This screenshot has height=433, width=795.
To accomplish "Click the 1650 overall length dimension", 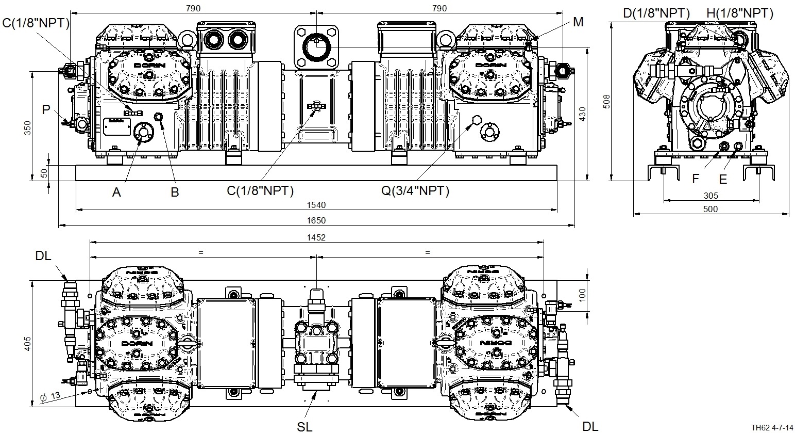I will [317, 220].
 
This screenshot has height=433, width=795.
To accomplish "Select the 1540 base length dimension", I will [317, 205].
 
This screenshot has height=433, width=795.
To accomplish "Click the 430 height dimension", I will [582, 114].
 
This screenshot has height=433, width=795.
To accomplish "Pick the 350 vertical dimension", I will [28, 127].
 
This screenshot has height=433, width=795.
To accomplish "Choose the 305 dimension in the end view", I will [710, 196].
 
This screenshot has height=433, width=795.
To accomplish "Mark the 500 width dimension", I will [710, 209].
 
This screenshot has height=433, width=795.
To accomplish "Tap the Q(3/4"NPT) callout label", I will [415, 191].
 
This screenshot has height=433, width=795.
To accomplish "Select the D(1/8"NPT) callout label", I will [656, 13].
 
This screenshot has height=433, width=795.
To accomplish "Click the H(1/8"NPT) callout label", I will [740, 13].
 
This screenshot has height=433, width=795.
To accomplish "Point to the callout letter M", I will [578, 22].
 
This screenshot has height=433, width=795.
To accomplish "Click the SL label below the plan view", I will [305, 426].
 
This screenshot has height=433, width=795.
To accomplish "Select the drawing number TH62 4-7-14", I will [771, 428].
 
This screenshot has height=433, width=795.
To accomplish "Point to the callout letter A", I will [117, 192].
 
